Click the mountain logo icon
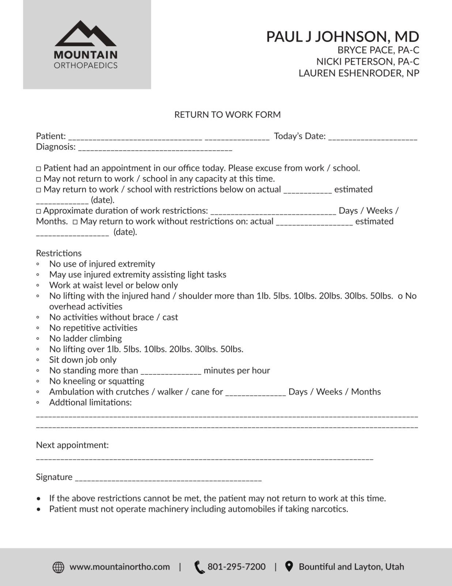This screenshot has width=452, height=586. pos(86,33)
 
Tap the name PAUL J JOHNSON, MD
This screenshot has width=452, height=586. pos(342,37)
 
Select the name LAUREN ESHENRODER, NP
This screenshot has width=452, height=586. pos(359,73)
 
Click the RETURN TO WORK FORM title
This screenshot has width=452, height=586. pos(227,115)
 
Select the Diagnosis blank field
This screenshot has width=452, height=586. pos(155,149)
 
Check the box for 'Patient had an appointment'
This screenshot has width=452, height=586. pos(39,169)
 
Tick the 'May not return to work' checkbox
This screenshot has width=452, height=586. pos(39,179)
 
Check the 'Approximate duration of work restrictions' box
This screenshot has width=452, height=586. pos(39,211)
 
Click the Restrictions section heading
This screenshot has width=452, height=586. pos(59,253)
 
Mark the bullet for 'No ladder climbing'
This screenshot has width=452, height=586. pos(38,338)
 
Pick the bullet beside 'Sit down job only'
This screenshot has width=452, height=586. pos(38,360)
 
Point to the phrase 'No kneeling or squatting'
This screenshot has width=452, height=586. pos(97,381)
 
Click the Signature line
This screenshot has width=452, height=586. pos(168,479)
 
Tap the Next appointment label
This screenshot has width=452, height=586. pos(72,445)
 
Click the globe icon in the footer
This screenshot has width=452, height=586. pos(59,567)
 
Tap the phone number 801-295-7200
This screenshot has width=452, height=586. pos(236,567)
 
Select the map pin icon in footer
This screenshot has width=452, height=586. pos(289,567)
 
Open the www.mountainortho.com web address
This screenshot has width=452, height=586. pos(120,567)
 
